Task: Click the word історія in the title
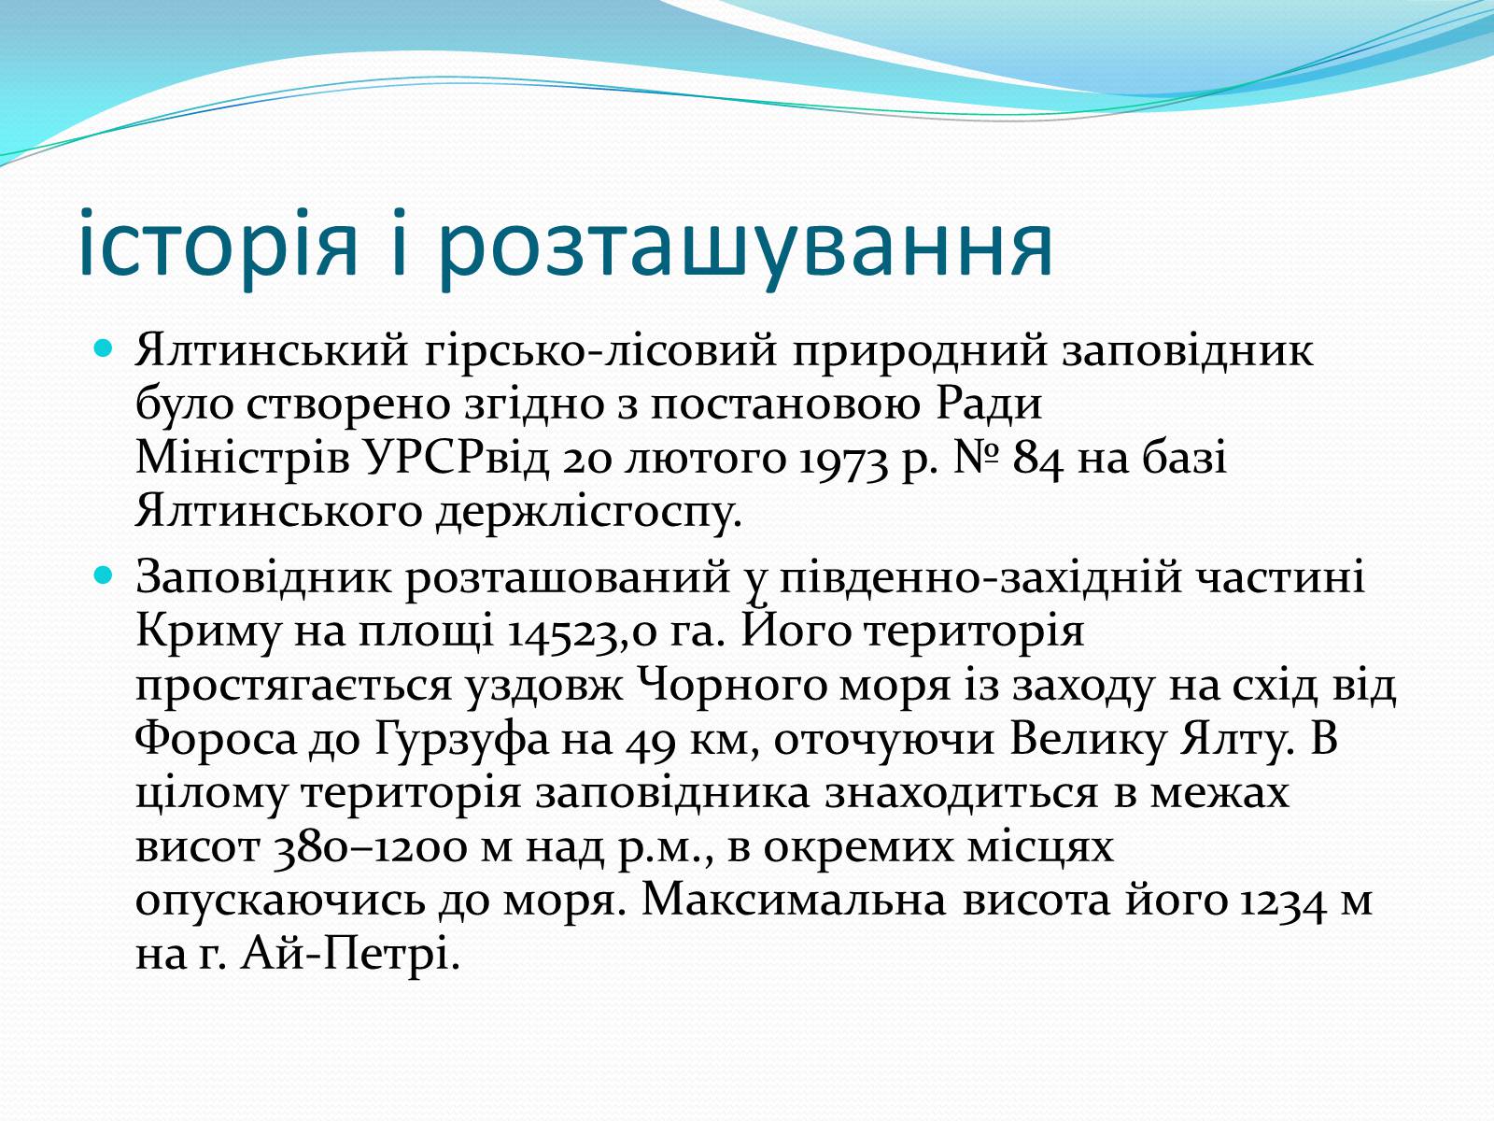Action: pyautogui.click(x=218, y=245)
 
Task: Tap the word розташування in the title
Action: pyautogui.click(x=745, y=248)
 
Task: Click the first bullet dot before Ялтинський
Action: pyautogui.click(x=103, y=349)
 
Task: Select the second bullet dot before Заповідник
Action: pyautogui.click(x=103, y=576)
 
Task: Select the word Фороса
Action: pyautogui.click(x=216, y=739)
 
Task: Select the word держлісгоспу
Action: pyautogui.click(x=588, y=514)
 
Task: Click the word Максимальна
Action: pyautogui.click(x=794, y=900)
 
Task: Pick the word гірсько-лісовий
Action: pyautogui.click(x=601, y=352)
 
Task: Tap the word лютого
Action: pyautogui.click(x=705, y=459)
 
